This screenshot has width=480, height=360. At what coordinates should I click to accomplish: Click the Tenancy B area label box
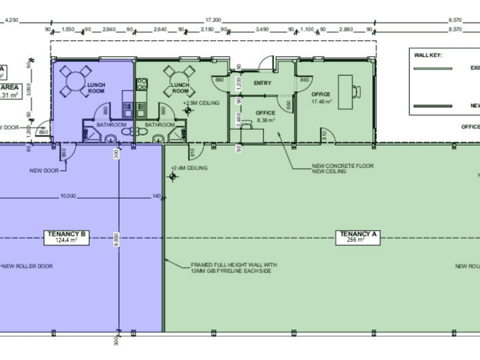[x=66, y=236]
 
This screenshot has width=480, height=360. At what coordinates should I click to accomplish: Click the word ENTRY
[x=262, y=83]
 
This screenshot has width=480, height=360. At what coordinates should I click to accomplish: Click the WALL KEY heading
[x=429, y=55]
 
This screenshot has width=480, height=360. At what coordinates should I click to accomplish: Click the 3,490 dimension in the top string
[x=260, y=29]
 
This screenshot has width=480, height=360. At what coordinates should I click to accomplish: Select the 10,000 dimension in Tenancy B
[x=68, y=196]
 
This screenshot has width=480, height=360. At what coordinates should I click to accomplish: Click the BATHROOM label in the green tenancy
[x=159, y=125]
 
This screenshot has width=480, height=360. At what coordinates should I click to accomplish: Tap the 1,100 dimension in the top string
[x=307, y=29]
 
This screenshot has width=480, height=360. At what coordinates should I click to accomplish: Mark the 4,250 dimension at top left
[x=11, y=20]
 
